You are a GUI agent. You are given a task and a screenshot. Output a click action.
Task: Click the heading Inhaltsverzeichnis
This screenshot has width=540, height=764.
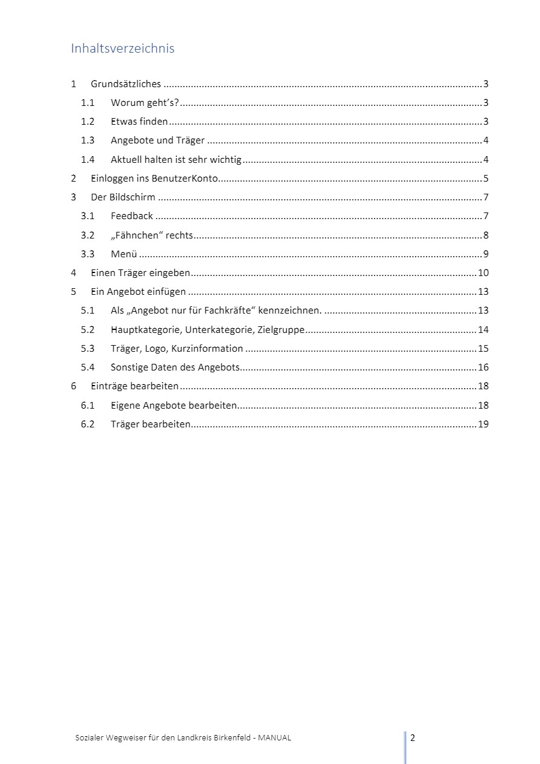point(122,48)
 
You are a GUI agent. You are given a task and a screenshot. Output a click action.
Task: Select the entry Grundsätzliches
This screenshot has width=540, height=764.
point(126,84)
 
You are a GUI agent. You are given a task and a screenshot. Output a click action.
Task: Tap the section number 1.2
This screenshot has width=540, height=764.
point(88,122)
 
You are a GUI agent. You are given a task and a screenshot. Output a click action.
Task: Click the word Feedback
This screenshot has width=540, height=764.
point(132,216)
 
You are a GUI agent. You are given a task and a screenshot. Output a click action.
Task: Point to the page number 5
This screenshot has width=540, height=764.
point(486,179)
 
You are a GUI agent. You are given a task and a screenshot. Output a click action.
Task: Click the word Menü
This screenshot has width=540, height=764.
point(124,254)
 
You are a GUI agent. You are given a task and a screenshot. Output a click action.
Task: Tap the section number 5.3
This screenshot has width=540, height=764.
point(88,348)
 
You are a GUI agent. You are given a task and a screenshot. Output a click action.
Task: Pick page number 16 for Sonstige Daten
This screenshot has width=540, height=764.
point(483,367)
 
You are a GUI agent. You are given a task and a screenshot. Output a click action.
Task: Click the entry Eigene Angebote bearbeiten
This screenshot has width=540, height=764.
point(174,405)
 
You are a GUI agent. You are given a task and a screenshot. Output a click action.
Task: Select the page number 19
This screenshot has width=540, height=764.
point(483,424)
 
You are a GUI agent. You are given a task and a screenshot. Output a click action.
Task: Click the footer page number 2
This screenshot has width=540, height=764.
point(413,737)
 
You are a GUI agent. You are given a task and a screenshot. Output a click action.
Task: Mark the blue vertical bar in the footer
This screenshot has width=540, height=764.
point(405,747)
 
